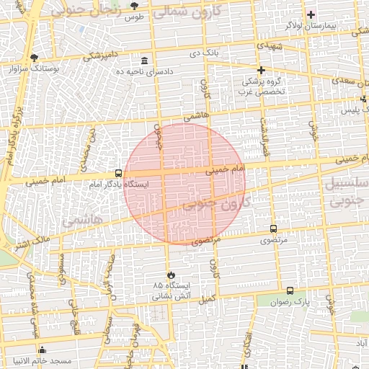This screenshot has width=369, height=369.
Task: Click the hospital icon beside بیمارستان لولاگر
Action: point(311,14)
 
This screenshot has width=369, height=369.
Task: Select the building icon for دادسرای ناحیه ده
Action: point(146,61)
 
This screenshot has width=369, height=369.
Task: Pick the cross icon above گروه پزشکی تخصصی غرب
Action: point(262,70)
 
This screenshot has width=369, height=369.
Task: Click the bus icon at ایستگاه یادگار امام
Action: point(119,173)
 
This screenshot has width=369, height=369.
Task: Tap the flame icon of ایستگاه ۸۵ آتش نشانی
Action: point(171,275)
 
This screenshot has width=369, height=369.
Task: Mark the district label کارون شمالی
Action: point(190,10)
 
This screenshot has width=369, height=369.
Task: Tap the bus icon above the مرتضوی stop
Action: point(272,228)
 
